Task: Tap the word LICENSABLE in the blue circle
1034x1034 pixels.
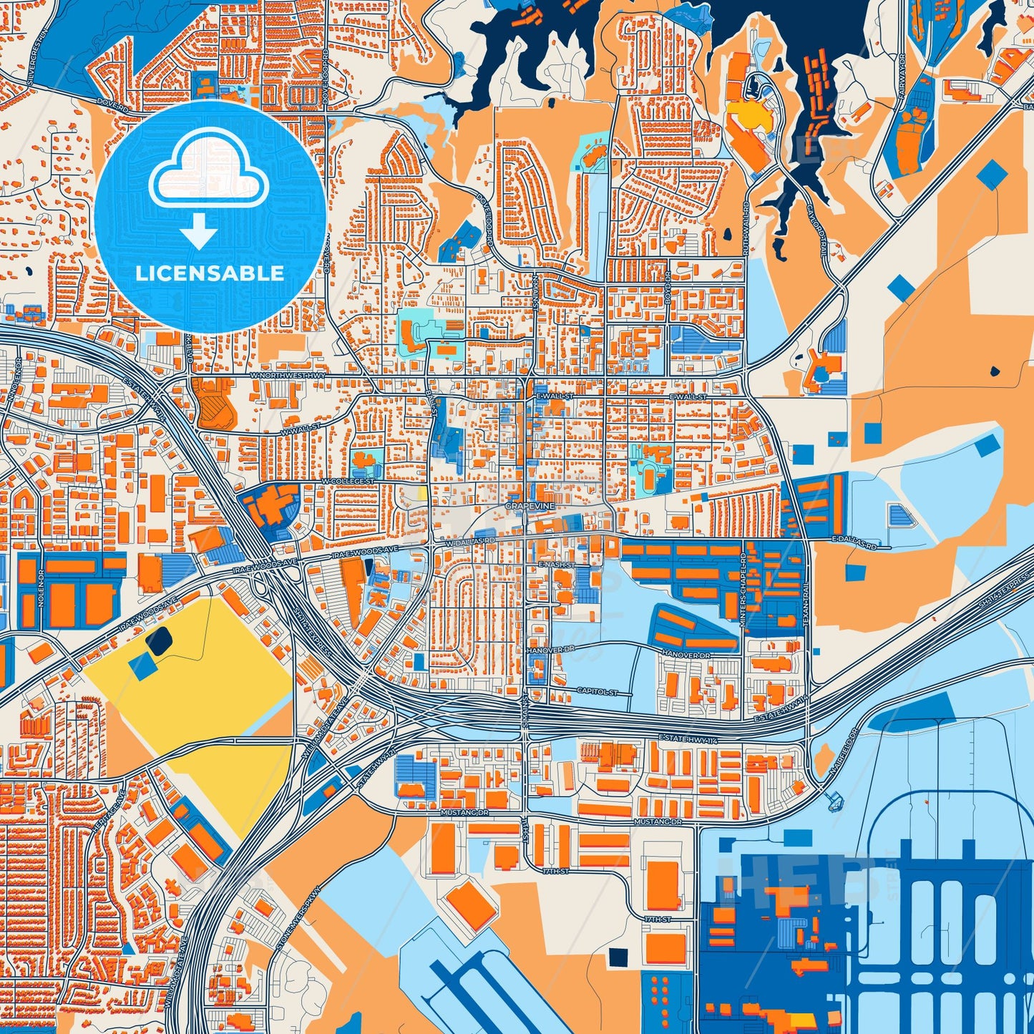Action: pyautogui.click(x=210, y=273)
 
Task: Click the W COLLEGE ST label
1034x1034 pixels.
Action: pyautogui.click(x=348, y=482)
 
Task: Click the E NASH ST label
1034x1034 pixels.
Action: pyautogui.click(x=556, y=565)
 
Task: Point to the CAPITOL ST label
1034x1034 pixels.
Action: pyautogui.click(x=597, y=692)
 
